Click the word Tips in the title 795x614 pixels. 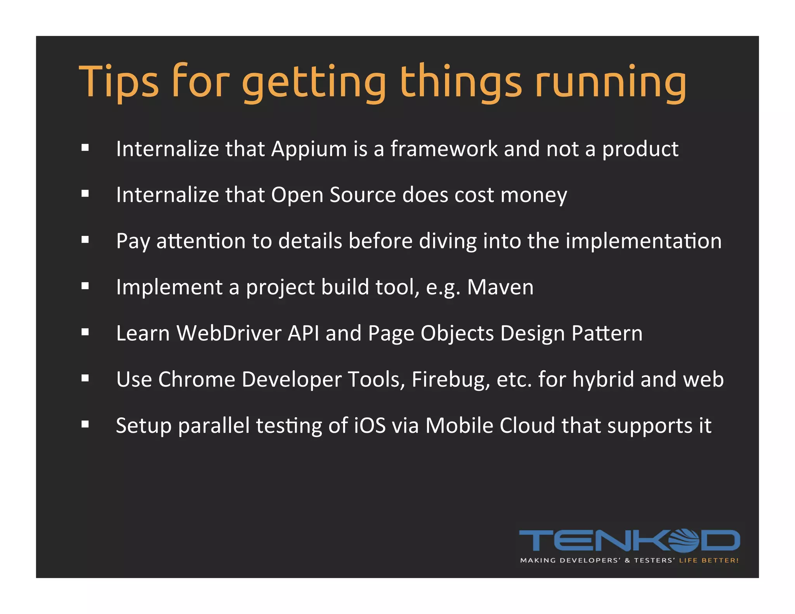tap(119, 82)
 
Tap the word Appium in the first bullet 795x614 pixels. tap(309, 149)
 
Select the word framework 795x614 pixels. tap(444, 149)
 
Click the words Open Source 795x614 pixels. tap(333, 195)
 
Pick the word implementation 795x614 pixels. tap(643, 241)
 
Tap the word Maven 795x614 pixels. tap(500, 287)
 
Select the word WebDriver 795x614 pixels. tap(229, 333)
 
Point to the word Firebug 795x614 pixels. tap(450, 380)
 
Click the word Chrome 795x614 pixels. tap(196, 379)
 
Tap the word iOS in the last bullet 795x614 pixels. tap(370, 425)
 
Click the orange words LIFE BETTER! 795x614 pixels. tap(708, 560)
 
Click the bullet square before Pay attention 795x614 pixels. tap(85, 240)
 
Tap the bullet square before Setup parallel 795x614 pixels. tap(85, 424)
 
